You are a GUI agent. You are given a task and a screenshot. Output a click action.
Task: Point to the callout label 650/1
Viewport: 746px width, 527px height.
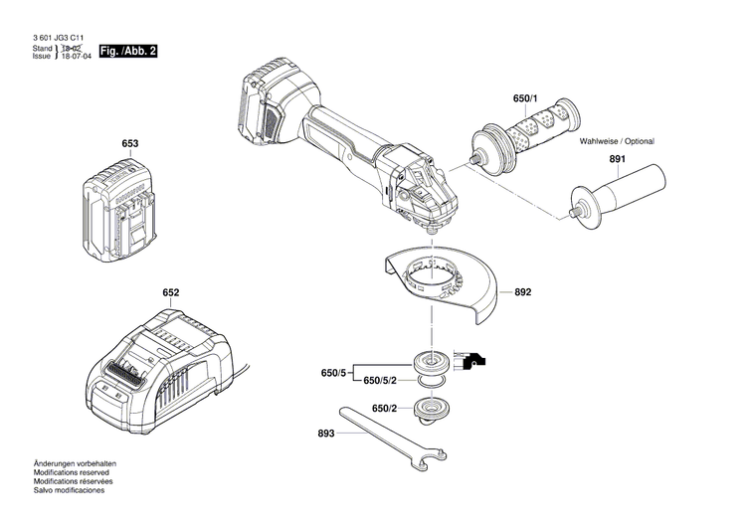pyautogui.click(x=524, y=100)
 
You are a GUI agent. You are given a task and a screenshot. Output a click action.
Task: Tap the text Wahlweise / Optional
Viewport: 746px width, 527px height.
pyautogui.click(x=617, y=141)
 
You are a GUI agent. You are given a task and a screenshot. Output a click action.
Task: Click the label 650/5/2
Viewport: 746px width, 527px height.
pyautogui.click(x=384, y=381)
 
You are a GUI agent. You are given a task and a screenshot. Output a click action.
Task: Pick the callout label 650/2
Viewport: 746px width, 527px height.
pyautogui.click(x=385, y=409)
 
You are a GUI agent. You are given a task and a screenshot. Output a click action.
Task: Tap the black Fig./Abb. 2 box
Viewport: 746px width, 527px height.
pyautogui.click(x=128, y=50)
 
